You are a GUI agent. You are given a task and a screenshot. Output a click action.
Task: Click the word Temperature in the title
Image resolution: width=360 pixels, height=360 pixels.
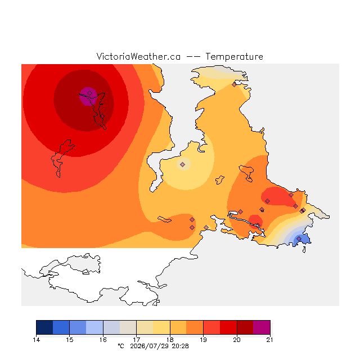click(x=234, y=57)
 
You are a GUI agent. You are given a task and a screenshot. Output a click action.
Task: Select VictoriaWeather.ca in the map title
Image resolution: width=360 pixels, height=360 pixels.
click(x=138, y=57)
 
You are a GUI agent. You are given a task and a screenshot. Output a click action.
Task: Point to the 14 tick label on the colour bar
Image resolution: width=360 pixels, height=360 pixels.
click(x=36, y=340)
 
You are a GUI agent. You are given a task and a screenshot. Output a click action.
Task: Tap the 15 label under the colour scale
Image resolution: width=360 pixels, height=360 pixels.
click(x=70, y=340)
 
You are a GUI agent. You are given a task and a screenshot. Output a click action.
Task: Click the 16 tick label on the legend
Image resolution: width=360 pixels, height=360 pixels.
click(x=103, y=340)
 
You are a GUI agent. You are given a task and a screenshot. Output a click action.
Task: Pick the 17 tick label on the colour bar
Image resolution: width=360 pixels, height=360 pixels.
click(x=136, y=340)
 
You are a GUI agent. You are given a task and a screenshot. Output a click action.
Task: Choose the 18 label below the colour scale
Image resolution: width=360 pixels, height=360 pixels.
click(x=170, y=340)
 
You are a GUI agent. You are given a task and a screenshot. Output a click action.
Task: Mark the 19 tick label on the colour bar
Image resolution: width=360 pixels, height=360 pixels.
click(x=203, y=340)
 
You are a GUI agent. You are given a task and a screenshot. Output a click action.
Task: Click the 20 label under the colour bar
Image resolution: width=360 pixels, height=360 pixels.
click(x=237, y=340)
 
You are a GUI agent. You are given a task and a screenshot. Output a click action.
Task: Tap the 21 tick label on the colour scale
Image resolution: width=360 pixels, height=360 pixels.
click(x=270, y=340)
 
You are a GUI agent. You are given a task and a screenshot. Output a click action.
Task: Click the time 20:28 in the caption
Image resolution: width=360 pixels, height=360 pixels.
click(x=180, y=346)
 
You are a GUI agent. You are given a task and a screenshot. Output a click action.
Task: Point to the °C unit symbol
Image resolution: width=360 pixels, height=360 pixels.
click(x=121, y=346)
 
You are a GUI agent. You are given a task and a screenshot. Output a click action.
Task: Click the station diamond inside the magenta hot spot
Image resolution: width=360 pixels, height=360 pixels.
click(x=90, y=93)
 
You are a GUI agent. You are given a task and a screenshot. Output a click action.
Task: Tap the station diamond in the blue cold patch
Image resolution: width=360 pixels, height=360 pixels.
click(x=299, y=238)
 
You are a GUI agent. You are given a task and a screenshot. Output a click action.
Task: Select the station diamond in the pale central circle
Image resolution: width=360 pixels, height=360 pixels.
click(x=182, y=164)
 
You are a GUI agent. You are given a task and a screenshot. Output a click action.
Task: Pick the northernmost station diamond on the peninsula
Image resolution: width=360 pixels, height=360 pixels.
click(x=234, y=85)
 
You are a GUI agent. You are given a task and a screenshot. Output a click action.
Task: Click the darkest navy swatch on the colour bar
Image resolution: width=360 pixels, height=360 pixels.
click(x=44, y=327)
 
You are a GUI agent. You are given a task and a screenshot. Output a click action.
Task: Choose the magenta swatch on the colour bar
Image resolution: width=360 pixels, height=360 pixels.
click(x=262, y=327)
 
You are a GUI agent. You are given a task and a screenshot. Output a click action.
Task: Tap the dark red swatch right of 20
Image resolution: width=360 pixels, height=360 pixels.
click(x=245, y=327)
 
